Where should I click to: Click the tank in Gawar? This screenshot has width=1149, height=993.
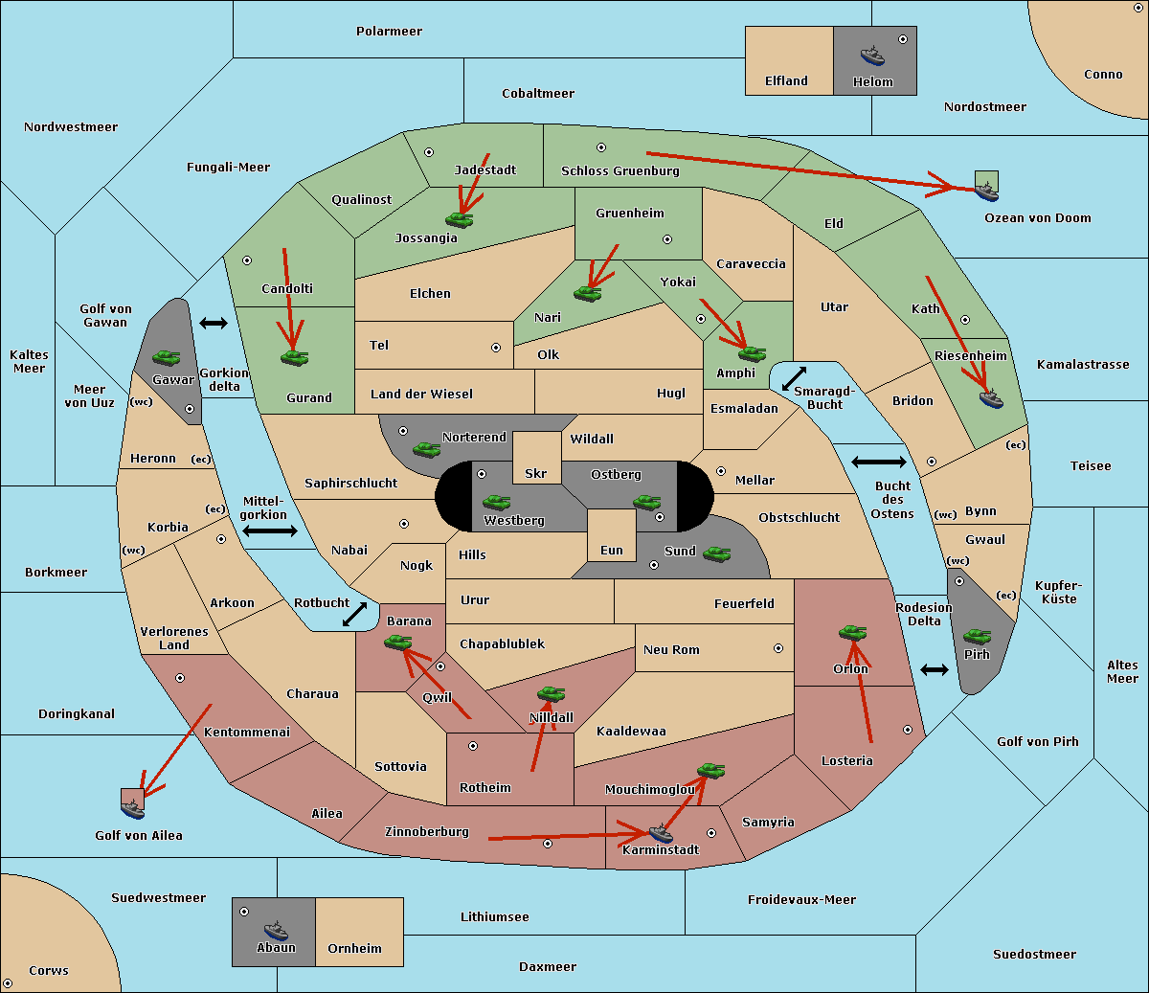click(166, 357)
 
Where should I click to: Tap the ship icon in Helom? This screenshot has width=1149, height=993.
click(872, 55)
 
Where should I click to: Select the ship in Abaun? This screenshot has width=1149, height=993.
click(276, 930)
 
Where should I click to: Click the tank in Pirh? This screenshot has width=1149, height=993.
click(977, 637)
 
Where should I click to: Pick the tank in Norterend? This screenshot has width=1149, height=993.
click(426, 449)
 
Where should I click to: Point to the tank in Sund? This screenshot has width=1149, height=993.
click(716, 553)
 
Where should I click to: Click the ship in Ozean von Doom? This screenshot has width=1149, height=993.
click(986, 191)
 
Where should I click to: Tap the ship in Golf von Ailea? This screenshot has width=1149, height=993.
click(133, 809)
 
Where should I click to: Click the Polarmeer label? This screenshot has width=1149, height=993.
click(389, 32)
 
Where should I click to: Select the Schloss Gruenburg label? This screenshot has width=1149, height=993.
click(620, 171)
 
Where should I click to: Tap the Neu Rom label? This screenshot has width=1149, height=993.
click(671, 649)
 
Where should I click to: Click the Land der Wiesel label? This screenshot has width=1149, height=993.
click(421, 394)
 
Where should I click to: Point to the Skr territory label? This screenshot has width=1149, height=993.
click(535, 474)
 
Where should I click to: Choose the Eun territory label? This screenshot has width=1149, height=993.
click(611, 551)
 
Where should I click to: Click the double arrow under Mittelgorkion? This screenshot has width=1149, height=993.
click(270, 531)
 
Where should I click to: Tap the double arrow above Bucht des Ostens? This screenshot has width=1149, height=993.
click(878, 463)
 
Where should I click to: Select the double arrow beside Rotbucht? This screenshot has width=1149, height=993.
click(354, 614)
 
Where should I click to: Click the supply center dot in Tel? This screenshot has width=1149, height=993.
click(496, 348)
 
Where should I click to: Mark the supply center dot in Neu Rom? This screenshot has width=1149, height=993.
click(778, 648)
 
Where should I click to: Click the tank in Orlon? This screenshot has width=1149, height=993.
click(851, 633)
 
